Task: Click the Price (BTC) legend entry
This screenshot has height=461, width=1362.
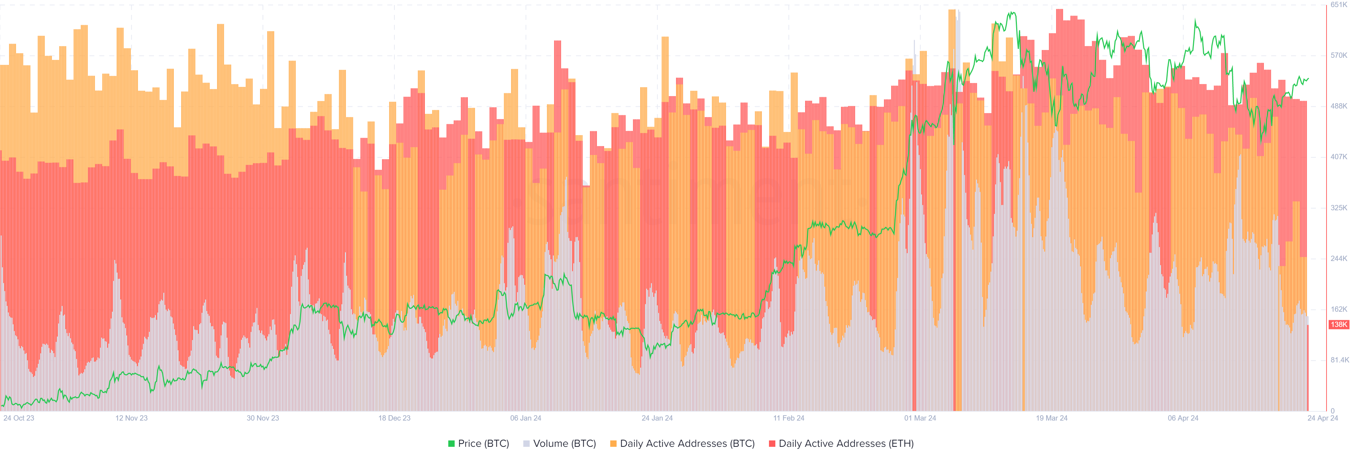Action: coord(478,444)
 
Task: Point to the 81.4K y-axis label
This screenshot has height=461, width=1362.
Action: coord(1340,360)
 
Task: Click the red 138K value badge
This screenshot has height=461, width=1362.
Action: coord(1339,324)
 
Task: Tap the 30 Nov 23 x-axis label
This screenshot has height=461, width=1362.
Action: coord(263,418)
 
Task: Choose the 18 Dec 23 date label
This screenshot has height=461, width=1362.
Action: coord(394,418)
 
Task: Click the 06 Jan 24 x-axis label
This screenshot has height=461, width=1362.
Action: coord(526,418)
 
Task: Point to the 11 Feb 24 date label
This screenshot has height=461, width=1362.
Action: coord(788,418)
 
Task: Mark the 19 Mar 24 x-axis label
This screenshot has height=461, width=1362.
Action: coord(1052,418)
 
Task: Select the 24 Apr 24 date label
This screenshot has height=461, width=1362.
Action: coord(1322,418)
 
